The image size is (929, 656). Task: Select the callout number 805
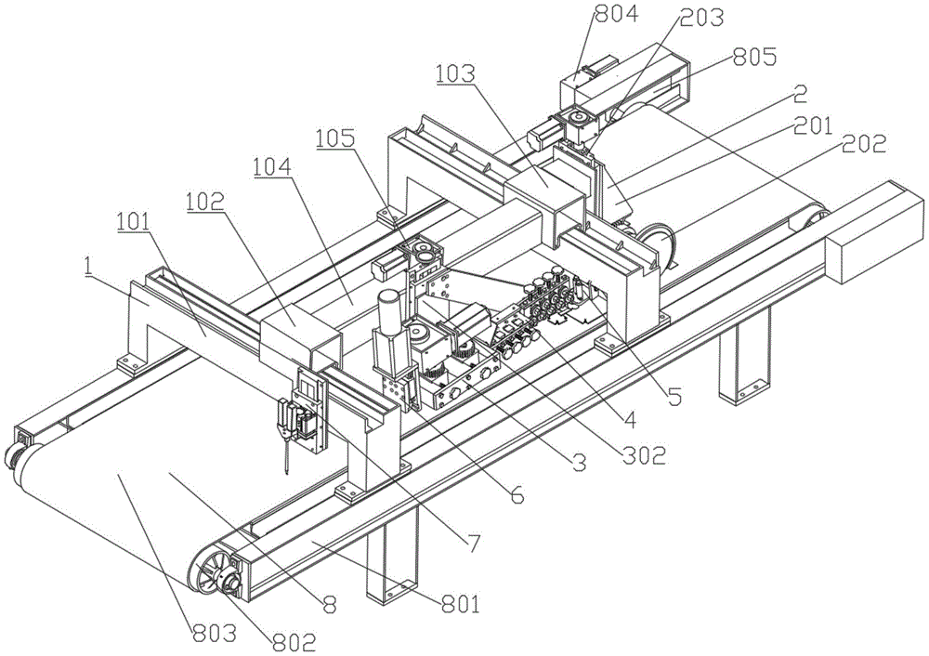(754, 58)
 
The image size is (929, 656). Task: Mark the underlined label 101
(137, 224)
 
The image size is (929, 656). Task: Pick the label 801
(459, 606)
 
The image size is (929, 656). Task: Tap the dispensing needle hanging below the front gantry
(285, 455)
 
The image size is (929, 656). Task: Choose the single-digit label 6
(517, 496)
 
